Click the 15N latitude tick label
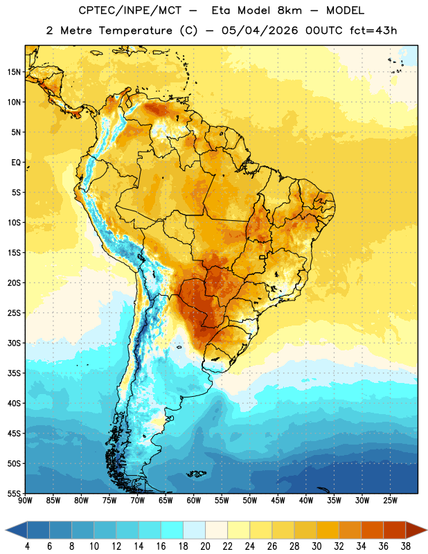click(x=14, y=72)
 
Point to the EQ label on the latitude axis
click(x=16, y=163)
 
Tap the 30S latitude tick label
click(x=14, y=343)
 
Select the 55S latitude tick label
click(x=14, y=494)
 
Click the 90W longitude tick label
click(x=25, y=501)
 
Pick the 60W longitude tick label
click(x=194, y=501)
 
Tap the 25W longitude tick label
click(x=390, y=501)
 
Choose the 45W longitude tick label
click(x=278, y=501)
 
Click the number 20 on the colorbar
click(x=205, y=546)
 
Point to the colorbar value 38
click(x=405, y=546)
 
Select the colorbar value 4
click(x=27, y=546)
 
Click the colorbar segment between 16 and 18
click(x=172, y=530)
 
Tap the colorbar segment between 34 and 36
click(x=372, y=530)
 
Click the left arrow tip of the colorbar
click(x=6, y=530)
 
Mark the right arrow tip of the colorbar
click(x=427, y=530)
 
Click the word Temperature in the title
click(x=135, y=30)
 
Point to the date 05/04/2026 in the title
click(x=260, y=30)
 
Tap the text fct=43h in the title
click(x=373, y=30)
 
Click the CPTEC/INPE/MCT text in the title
click(x=130, y=10)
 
